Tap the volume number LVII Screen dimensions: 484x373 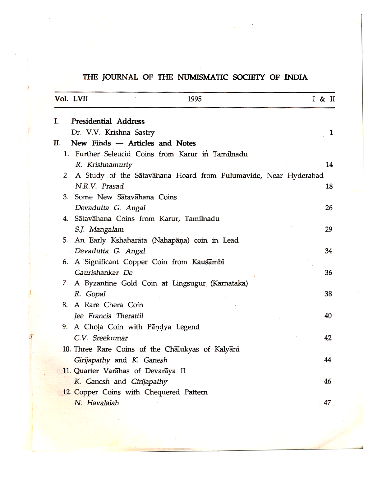coord(81,99)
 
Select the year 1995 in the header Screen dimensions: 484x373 coord(195,99)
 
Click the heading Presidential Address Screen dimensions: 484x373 coord(108,121)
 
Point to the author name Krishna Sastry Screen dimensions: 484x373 coord(130,133)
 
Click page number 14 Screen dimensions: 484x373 coord(329,165)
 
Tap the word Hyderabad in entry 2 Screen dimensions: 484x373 coord(305,176)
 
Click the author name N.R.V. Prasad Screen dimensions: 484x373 coord(99,186)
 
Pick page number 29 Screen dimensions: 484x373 coord(329,230)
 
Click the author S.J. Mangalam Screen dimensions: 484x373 coord(99,230)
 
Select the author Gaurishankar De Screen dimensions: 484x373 coord(104,273)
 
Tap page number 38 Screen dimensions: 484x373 coord(328,294)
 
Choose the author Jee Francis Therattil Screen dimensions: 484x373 coord(109,316)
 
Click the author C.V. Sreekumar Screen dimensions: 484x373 coord(101,338)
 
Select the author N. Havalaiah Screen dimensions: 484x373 coord(97,403)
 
